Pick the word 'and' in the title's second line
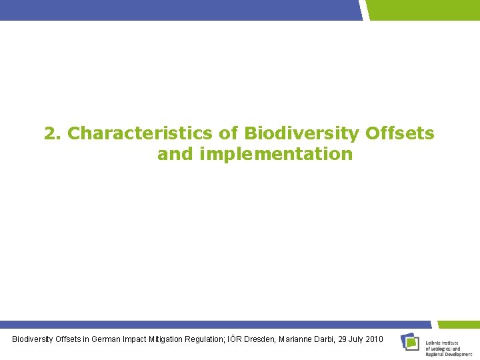[173, 154]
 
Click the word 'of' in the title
[229, 133]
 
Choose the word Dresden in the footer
[279, 339]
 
